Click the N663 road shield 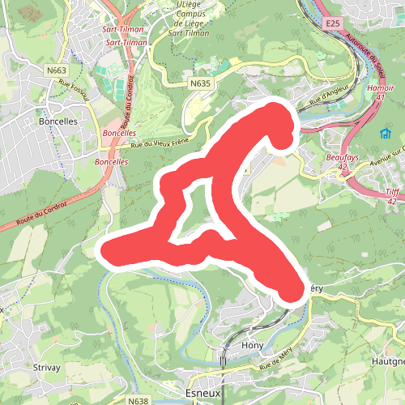pos(56,70)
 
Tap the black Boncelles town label pos(58,123)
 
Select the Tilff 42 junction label pos(393,195)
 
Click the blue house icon pos(385,134)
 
